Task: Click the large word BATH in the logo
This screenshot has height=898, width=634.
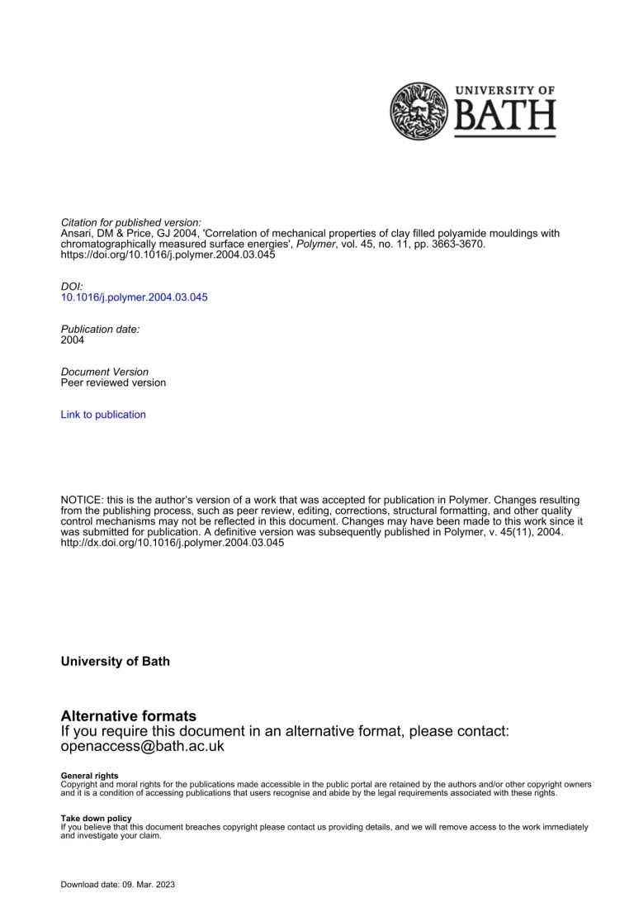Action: click(x=505, y=120)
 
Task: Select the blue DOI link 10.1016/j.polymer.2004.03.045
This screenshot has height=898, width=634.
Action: click(x=135, y=297)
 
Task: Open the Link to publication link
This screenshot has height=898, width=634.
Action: click(x=103, y=415)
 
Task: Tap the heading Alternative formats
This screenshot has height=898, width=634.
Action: click(x=129, y=715)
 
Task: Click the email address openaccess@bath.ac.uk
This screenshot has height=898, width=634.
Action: click(x=143, y=746)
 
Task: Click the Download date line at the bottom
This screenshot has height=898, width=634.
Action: click(x=118, y=885)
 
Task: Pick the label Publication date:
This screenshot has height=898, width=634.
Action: click(x=101, y=329)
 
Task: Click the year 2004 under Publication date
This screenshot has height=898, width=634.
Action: click(x=73, y=340)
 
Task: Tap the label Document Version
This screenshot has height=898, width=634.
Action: click(x=105, y=372)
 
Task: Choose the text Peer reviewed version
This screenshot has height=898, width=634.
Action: click(x=113, y=382)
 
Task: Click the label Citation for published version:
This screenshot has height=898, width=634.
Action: click(x=131, y=223)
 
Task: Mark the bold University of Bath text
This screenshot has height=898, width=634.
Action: click(x=116, y=662)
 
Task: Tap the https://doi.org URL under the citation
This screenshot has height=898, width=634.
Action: click(x=168, y=255)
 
